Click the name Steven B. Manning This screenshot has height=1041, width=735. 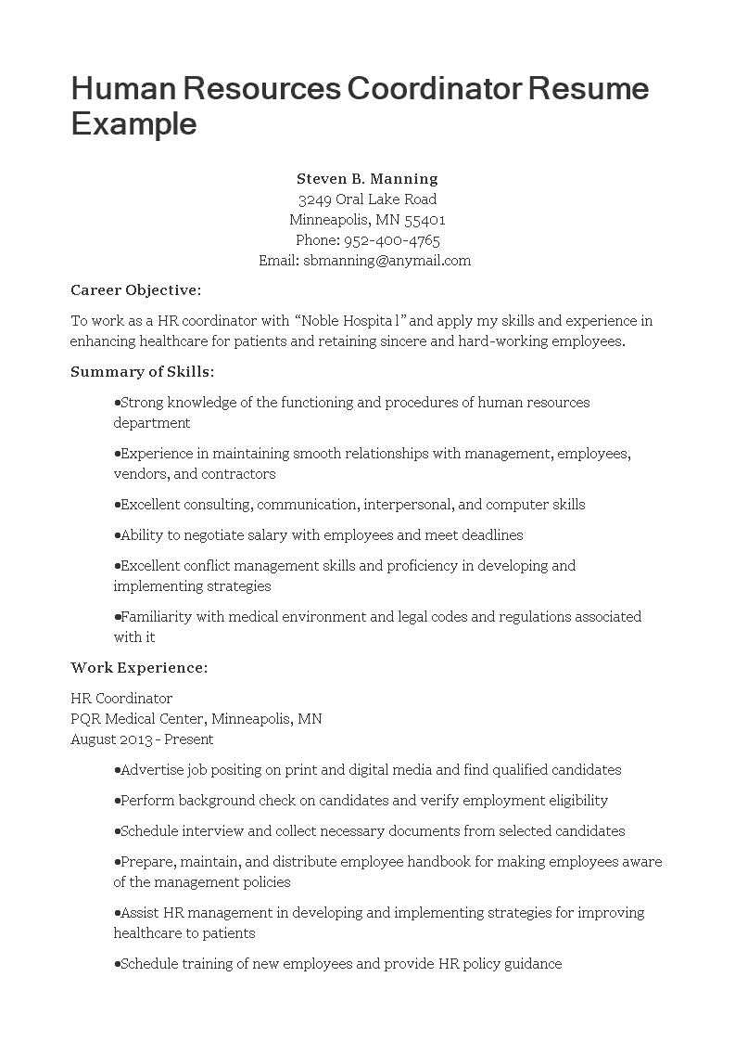[x=367, y=178]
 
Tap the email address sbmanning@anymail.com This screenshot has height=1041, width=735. [x=387, y=261]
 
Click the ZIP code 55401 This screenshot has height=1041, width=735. [x=425, y=220]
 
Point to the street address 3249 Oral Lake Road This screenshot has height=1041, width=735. [x=367, y=199]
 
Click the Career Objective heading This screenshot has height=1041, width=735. [x=135, y=290]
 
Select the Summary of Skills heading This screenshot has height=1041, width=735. [x=143, y=372]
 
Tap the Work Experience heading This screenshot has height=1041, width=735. [x=139, y=668]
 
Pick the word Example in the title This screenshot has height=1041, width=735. [x=133, y=123]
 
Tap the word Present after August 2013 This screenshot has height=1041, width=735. [x=189, y=739]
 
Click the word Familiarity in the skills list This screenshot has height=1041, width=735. [x=158, y=617]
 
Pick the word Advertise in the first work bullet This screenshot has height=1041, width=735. [x=152, y=770]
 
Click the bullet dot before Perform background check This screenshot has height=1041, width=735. [x=117, y=801]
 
